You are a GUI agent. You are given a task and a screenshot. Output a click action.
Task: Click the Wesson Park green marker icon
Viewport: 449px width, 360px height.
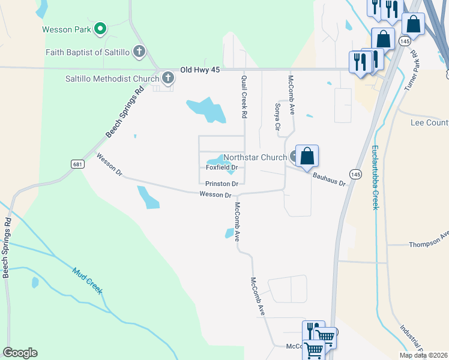tap(100, 28)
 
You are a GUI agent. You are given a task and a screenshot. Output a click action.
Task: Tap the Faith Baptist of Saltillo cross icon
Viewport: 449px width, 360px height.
tap(139, 52)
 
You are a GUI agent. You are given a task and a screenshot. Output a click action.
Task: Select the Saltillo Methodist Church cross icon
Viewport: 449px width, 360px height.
tap(167, 77)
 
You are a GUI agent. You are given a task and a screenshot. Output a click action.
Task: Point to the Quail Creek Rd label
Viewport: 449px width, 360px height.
tap(244, 95)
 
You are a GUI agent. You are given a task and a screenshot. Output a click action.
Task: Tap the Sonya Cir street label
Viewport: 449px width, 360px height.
tap(277, 116)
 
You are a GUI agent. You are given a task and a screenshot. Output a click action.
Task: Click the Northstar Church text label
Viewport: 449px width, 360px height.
tap(255, 158)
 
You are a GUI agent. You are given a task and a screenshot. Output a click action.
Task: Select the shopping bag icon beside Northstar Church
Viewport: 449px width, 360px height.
tap(307, 156)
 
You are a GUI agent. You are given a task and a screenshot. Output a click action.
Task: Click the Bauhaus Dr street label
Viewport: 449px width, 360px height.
tap(330, 178)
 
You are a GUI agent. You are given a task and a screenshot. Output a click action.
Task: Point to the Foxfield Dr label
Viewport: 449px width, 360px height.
tap(222, 168)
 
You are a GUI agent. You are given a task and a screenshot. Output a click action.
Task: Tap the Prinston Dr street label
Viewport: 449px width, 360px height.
tap(221, 184)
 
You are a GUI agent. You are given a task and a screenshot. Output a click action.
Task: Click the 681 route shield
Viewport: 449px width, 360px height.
tap(77, 164)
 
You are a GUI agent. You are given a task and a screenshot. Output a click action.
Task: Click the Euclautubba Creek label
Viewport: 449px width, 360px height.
tap(375, 177)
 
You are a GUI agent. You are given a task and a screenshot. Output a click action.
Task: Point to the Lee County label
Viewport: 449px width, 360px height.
tap(429, 123)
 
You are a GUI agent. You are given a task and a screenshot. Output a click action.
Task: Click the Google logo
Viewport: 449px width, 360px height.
tap(20, 352)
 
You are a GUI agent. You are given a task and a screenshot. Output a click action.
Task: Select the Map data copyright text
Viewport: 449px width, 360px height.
tap(423, 355)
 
